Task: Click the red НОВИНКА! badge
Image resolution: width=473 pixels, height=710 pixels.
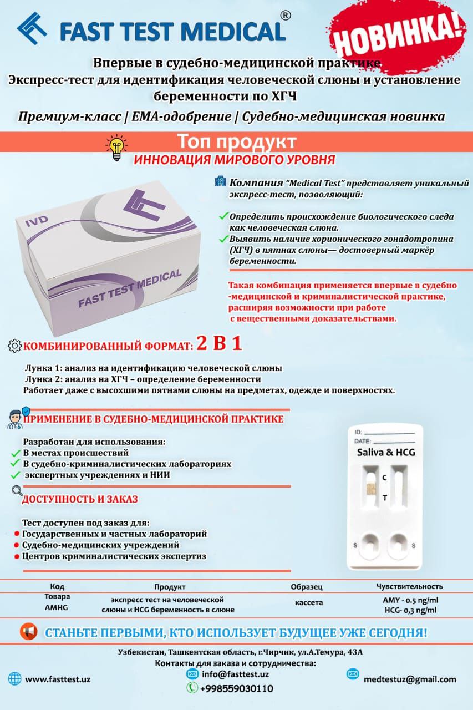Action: tap(398, 37)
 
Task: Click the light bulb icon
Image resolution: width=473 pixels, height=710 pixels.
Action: tap(116, 148)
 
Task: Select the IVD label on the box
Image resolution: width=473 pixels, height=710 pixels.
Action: tap(36, 219)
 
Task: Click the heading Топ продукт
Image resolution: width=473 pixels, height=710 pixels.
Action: tap(236, 141)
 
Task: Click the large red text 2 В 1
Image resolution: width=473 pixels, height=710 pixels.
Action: tap(220, 344)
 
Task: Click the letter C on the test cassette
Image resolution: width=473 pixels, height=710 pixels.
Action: tap(384, 477)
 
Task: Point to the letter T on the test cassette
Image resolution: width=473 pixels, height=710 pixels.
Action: tap(385, 498)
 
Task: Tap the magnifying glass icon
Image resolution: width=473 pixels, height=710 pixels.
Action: tap(17, 490)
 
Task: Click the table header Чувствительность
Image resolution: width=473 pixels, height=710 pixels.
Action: tap(409, 586)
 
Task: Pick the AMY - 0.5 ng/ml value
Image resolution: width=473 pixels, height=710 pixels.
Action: tap(410, 601)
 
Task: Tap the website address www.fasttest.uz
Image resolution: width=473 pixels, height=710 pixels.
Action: tap(58, 679)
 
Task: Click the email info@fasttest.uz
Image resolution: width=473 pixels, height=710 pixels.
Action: tap(235, 674)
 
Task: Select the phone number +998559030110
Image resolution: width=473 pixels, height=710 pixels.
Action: tap(236, 688)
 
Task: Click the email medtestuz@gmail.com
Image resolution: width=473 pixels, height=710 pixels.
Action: tap(410, 679)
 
